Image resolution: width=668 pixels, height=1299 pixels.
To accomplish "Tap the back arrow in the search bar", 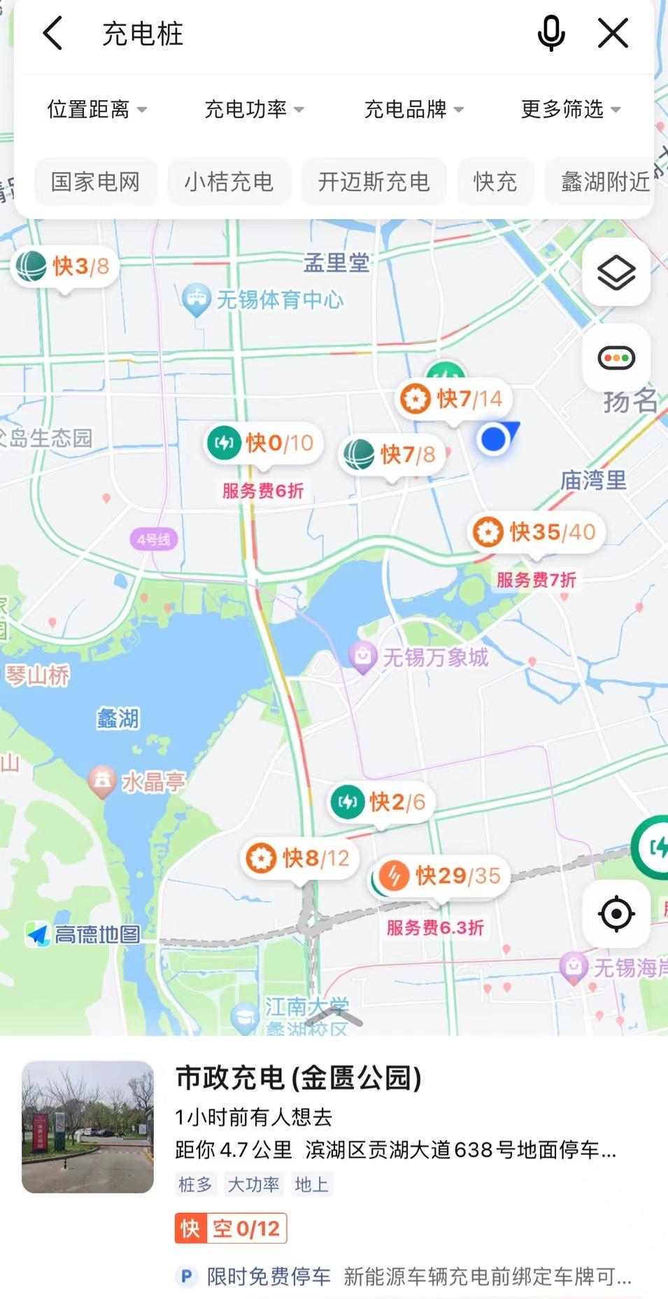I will click(53, 34).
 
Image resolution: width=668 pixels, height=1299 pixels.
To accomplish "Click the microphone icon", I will click(551, 34).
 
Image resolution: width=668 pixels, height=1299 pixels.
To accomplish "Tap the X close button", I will click(613, 34).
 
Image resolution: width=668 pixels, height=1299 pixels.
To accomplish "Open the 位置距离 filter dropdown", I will click(97, 109).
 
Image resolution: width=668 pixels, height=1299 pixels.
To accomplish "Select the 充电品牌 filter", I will click(413, 109).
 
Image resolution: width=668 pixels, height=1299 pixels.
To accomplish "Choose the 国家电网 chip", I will click(96, 182).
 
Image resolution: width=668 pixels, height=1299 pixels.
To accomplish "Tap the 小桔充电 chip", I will click(229, 182).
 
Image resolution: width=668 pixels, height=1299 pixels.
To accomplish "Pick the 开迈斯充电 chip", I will click(374, 182).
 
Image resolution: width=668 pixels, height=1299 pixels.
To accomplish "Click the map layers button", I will click(616, 272).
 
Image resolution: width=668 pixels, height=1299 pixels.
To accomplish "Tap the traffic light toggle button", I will click(616, 358).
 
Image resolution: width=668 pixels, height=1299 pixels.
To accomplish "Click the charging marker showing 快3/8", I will click(64, 267).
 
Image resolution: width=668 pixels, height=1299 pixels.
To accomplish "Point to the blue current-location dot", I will click(494, 440).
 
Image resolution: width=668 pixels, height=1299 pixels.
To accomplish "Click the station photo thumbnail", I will click(87, 1127).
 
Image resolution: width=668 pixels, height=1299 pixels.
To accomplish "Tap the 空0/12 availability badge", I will click(232, 1228).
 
